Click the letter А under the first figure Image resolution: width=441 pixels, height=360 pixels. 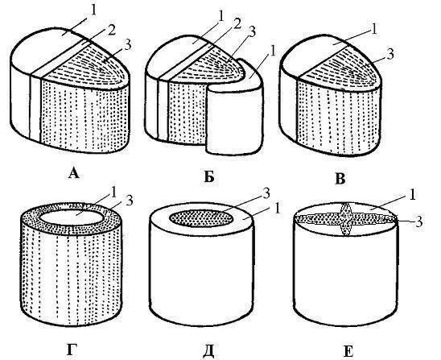click(x=74, y=173)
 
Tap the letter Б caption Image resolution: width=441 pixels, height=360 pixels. click(x=209, y=176)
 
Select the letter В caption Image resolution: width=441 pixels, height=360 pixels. click(x=340, y=179)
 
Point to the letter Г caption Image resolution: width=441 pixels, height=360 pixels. click(x=72, y=350)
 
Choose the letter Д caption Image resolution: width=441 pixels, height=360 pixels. click(x=208, y=351)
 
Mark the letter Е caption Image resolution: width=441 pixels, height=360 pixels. click(x=348, y=352)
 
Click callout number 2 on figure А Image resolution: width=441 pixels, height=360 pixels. click(x=111, y=31)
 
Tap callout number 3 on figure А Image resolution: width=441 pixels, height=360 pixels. click(x=128, y=45)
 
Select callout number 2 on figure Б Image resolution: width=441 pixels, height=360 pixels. click(x=237, y=24)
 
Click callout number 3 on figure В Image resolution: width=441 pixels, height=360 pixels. click(x=390, y=54)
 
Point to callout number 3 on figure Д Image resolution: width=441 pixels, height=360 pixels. click(x=266, y=193)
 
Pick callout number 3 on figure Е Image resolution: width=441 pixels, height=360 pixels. click(x=419, y=221)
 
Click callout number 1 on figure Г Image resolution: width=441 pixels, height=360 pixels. click(x=113, y=192)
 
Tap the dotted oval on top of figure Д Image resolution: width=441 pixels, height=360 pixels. click(x=201, y=218)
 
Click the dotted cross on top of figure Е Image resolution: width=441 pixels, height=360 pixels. click(x=345, y=219)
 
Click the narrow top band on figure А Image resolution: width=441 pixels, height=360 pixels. click(x=60, y=59)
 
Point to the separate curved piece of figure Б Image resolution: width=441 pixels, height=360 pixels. click(x=236, y=111)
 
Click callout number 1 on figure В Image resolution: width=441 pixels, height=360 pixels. click(x=374, y=29)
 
